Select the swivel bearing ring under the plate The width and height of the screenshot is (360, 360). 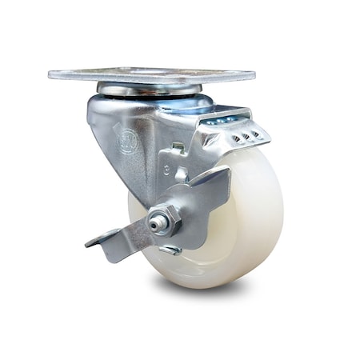(x=148, y=89)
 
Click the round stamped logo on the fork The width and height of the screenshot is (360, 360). (x=126, y=142)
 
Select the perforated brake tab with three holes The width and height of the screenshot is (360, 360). (x=244, y=136)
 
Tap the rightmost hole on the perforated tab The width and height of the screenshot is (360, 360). (x=256, y=134)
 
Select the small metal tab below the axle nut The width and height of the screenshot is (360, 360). (x=170, y=250)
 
